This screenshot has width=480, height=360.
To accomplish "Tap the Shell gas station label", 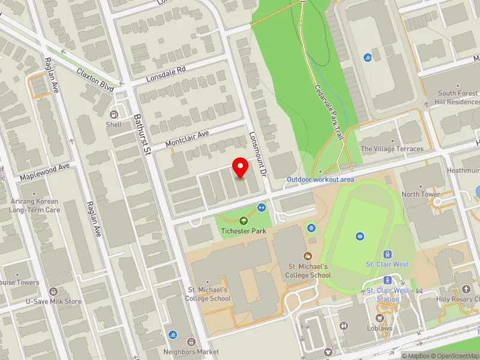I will [114, 125].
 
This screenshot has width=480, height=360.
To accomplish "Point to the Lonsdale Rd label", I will [166, 74].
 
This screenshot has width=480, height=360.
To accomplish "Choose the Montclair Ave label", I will [187, 140].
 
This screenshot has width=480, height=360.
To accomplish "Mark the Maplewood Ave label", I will [44, 173].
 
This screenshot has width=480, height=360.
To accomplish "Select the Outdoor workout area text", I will [320, 179].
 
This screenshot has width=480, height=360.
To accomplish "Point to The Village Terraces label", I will [392, 149].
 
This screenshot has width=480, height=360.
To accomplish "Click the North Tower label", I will [421, 194].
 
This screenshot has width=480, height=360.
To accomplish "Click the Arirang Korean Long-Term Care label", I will [34, 206].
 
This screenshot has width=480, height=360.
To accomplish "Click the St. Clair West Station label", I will [388, 295].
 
